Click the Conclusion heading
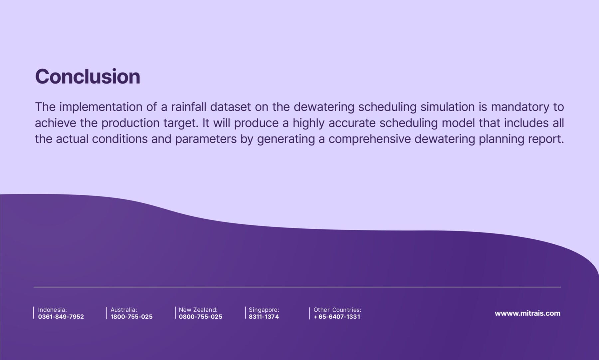[x=88, y=76]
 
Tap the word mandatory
[x=520, y=108]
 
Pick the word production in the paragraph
[x=130, y=123]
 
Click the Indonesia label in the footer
[x=53, y=310]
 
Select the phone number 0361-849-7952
[x=61, y=317]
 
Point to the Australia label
[x=124, y=310]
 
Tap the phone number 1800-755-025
[x=131, y=317]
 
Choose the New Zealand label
[x=198, y=310]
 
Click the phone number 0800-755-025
[x=201, y=317]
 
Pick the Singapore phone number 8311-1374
[x=264, y=317]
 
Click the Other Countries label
[x=337, y=310]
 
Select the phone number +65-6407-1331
[x=337, y=317]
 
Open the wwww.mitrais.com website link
[x=527, y=313]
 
